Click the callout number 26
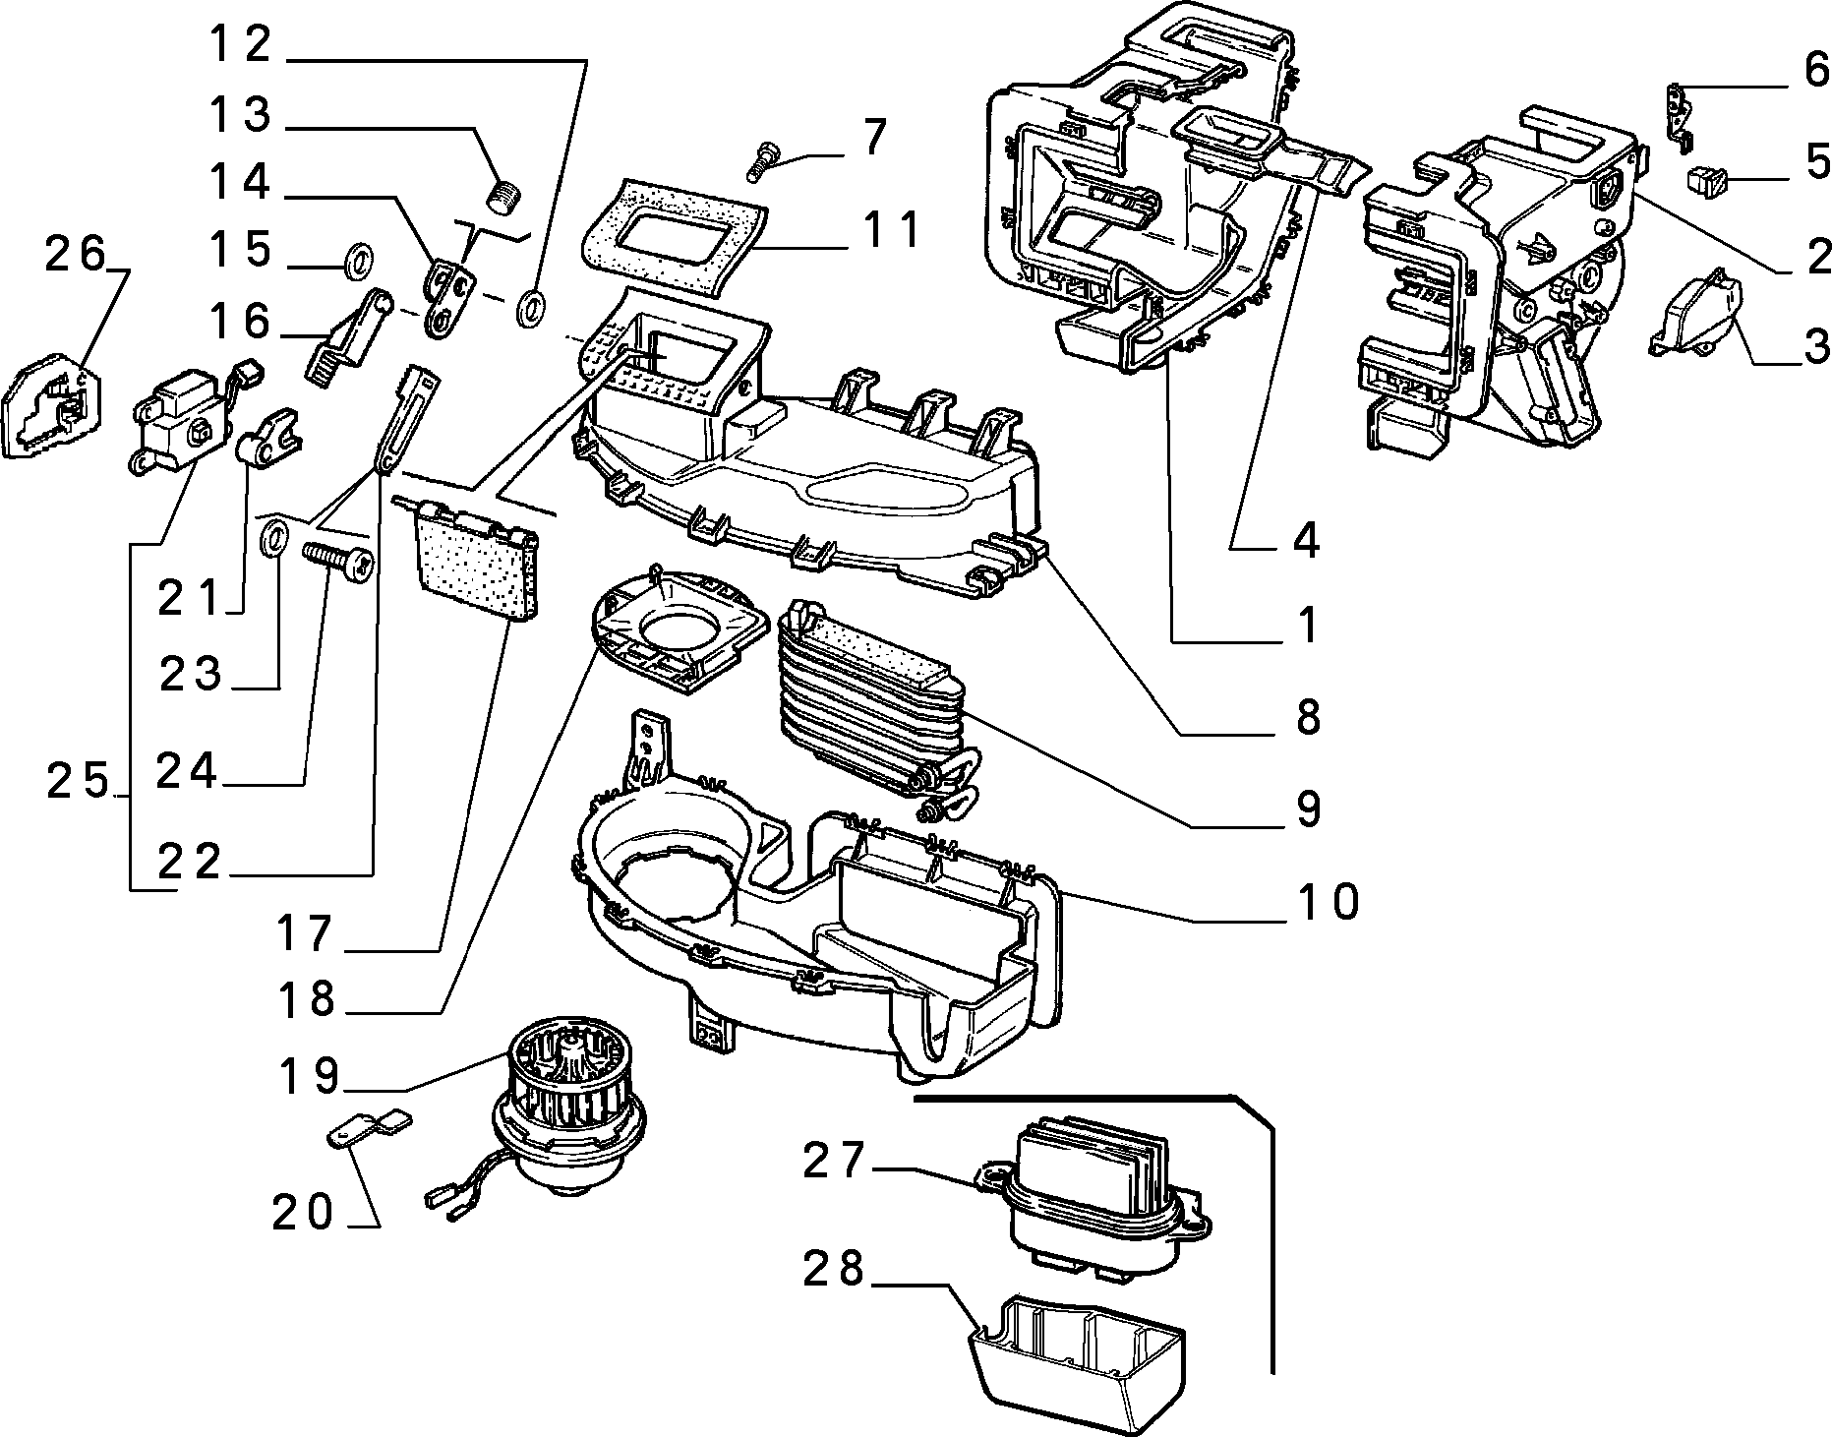pyautogui.click(x=76, y=256)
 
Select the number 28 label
pyautogui.click(x=834, y=1269)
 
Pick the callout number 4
pyautogui.click(x=1306, y=540)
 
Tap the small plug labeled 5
pyautogui.click(x=1707, y=181)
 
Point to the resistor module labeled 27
pyautogui.click(x=1092, y=1200)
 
